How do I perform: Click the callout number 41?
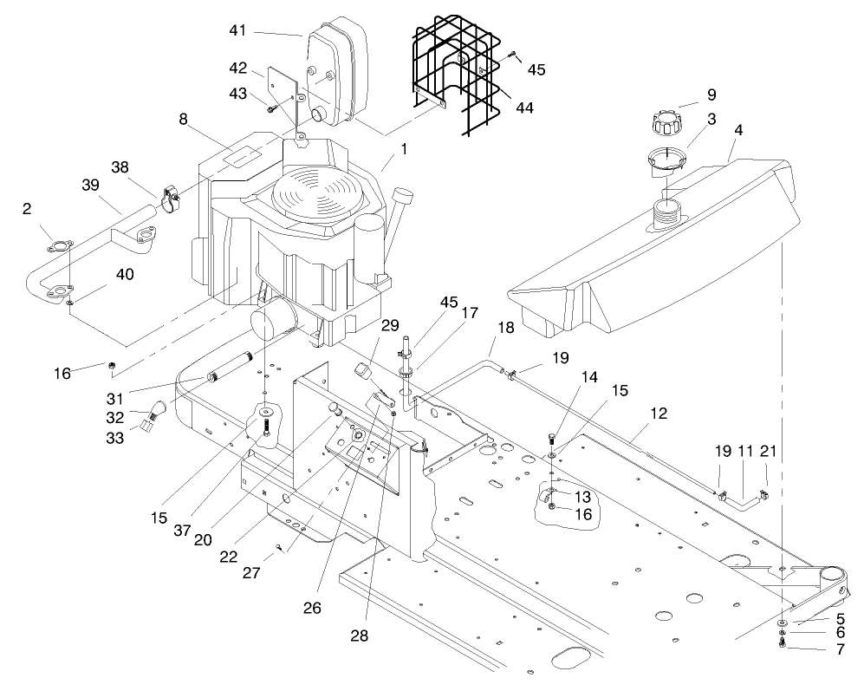pyautogui.click(x=238, y=30)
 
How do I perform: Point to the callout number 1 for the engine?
pyautogui.click(x=402, y=148)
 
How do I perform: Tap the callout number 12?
pyautogui.click(x=659, y=414)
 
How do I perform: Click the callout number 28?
pyautogui.click(x=359, y=636)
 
